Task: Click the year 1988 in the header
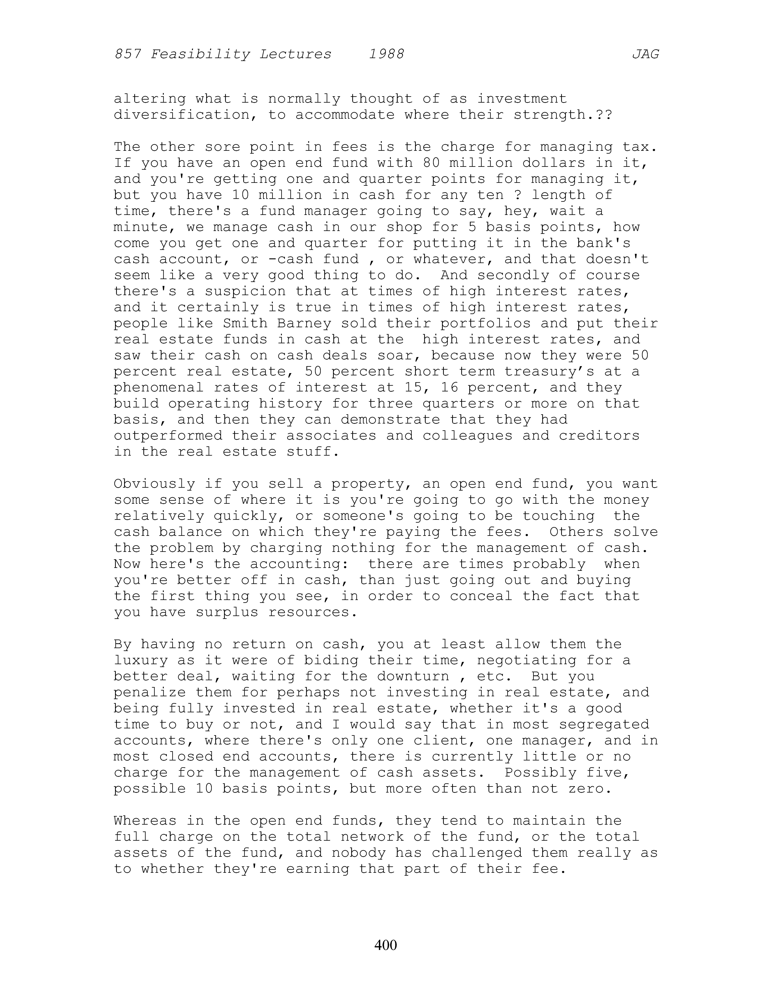pyautogui.click(x=386, y=54)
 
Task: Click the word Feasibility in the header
pyautogui.click(x=200, y=54)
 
